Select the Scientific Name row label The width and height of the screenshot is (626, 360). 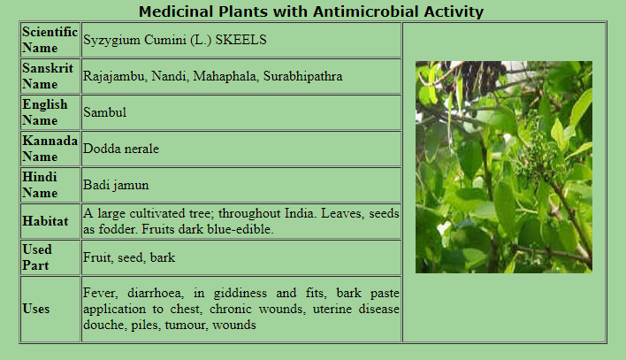coord(50,40)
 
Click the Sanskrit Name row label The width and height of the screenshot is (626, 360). coord(48,76)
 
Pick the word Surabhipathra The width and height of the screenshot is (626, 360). coord(302,76)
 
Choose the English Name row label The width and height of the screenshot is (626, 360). coord(45,112)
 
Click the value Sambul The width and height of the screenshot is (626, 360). coord(104,112)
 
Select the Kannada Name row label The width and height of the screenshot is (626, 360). coord(50,149)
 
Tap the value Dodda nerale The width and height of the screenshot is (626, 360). coord(121,149)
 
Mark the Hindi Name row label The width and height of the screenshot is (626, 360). coord(40,185)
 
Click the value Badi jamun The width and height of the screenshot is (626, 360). coord(116,185)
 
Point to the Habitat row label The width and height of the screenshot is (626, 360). coord(45,221)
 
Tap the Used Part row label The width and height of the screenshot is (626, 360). coord(37,257)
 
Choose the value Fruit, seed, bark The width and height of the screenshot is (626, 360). coord(129,257)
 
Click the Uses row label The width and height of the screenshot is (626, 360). coord(36,309)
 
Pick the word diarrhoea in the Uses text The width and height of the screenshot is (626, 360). coord(156,293)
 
